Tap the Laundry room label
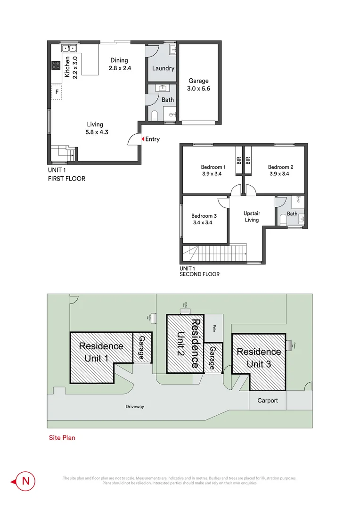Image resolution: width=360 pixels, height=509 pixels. pos(163,68)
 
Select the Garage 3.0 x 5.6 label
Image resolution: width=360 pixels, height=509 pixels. pos(198,84)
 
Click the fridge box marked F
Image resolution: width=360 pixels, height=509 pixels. pos(57,92)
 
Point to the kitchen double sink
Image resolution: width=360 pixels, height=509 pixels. pos(69,48)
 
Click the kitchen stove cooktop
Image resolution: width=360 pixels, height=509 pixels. pos(55,66)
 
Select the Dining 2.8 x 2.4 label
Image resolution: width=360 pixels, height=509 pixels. pos(119,64)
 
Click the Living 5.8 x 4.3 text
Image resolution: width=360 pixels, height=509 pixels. pos(98,128)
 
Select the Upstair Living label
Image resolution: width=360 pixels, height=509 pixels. pos(252,216)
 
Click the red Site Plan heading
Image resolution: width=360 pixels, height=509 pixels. pos(62,437)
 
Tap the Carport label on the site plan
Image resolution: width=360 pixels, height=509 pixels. pos(267,401)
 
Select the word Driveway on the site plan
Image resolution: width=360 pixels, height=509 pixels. pos(135,407)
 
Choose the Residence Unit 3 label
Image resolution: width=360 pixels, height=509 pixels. pos(258,358)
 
